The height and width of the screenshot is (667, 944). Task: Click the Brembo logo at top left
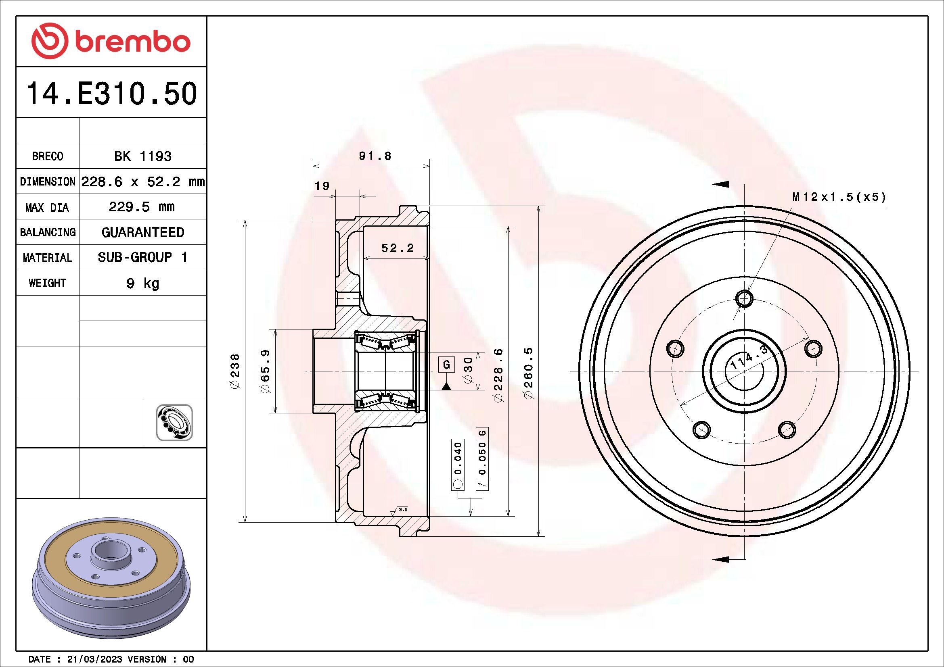point(111,42)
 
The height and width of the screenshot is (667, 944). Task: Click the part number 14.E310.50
point(111,94)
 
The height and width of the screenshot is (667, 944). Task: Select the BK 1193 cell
point(142,156)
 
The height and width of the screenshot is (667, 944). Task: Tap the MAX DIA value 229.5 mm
point(141,206)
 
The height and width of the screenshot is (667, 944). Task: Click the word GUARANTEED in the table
point(142,232)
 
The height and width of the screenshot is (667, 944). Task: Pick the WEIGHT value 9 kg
point(142,283)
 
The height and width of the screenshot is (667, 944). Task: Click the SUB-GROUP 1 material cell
point(142,258)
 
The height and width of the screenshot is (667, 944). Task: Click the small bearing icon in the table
point(174,423)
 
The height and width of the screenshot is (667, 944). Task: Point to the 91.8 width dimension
point(375,156)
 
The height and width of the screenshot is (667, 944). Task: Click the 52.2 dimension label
point(397,248)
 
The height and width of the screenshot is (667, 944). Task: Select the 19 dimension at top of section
point(322,186)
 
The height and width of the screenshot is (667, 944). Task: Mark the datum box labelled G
point(446,364)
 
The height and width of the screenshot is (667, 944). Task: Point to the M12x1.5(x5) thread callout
point(839,197)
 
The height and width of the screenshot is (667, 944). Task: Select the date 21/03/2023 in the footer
point(94,659)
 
